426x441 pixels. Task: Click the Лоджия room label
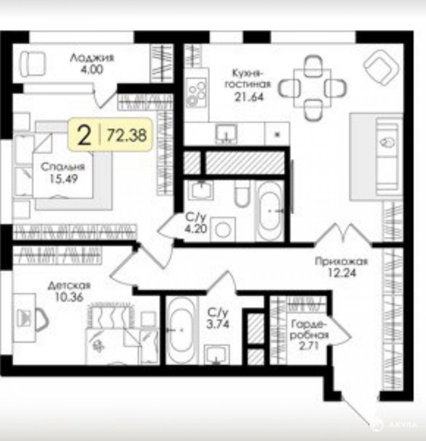click(92, 58)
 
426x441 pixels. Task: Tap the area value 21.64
click(249, 97)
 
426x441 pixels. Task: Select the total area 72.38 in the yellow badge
click(127, 135)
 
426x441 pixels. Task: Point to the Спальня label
click(63, 167)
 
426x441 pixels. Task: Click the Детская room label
click(69, 285)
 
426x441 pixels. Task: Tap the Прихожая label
click(341, 261)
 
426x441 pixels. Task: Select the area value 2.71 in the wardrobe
click(309, 346)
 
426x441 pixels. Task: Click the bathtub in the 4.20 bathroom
click(269, 211)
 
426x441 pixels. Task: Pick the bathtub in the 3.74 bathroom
click(182, 329)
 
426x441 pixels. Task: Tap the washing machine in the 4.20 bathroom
click(223, 229)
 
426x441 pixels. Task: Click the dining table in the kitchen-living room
click(312, 88)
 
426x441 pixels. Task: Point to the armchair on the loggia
click(32, 63)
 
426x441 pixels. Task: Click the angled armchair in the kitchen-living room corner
click(381, 67)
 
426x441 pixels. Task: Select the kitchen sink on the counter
click(226, 134)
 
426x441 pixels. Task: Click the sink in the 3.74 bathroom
click(217, 354)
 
